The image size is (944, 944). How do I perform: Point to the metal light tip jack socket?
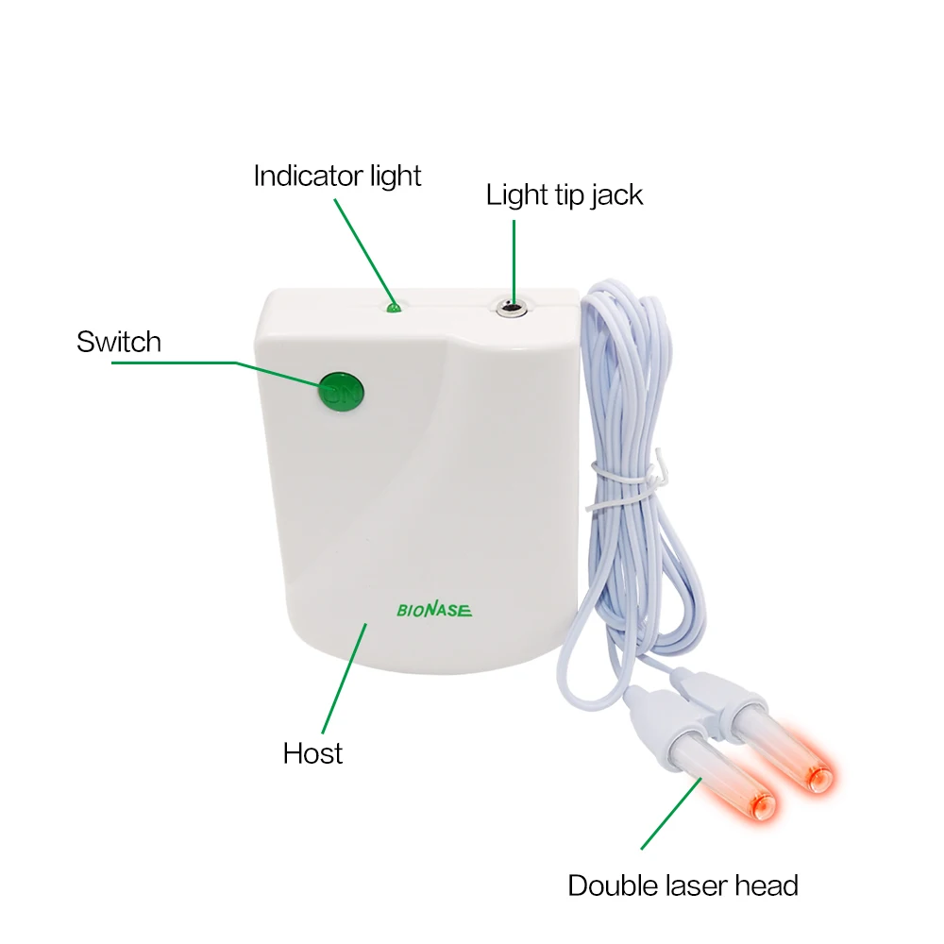tap(511, 306)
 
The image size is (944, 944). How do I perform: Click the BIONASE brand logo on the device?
tap(433, 610)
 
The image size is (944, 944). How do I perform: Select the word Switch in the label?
tap(119, 341)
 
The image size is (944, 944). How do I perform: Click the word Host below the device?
tap(312, 753)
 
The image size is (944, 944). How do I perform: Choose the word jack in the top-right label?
tap(614, 195)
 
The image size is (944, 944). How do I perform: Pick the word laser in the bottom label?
tap(700, 885)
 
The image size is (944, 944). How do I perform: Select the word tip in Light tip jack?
tap(561, 195)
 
